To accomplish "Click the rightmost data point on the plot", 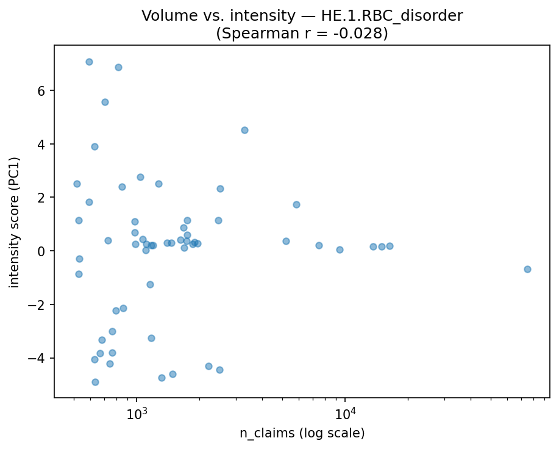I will (527, 269).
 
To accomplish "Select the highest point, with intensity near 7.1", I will (89, 62).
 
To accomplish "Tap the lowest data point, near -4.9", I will (95, 382).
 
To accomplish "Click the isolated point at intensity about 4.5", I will (244, 130).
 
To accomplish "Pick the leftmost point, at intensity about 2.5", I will (77, 184).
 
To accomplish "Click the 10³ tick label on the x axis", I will (137, 413).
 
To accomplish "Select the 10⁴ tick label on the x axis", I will (345, 413).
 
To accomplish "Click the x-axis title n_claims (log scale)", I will (302, 434).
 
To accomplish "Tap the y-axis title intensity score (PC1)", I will (15, 222).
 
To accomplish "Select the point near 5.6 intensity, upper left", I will (105, 102).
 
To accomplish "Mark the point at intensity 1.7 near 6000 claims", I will (296, 204).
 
